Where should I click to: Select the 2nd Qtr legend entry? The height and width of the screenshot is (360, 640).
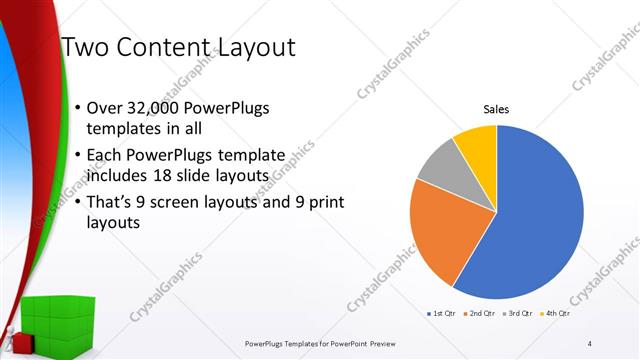click(480, 314)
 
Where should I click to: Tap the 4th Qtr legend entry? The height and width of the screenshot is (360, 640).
click(556, 314)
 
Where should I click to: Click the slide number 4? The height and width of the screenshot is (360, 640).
click(590, 343)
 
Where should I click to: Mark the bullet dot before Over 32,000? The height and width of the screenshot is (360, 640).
click(79, 108)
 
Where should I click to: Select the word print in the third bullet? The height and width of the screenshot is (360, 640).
click(324, 204)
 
